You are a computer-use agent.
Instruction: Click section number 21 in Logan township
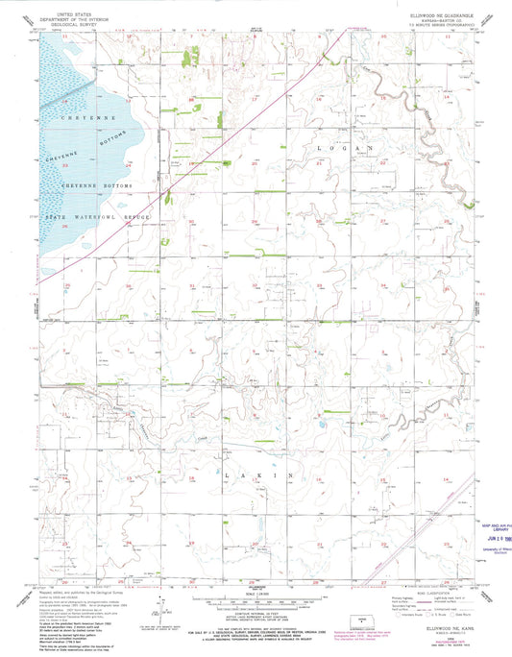(319, 164)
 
